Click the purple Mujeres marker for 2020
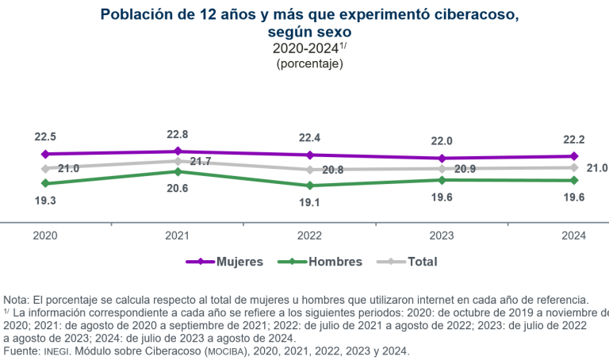coord(45,154)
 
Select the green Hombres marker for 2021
coord(177,171)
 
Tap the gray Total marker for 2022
coord(309,170)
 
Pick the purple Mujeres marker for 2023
coord(441,159)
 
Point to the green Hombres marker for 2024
coord(573,181)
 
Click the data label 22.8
coord(177,134)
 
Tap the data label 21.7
coord(201,162)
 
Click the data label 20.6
coord(177,189)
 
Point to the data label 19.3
coord(45,201)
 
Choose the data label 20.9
coord(465,170)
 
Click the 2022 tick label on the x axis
coord(309,236)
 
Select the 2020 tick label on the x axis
coord(45,236)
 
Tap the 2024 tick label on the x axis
coord(573,236)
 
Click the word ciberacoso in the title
coord(469,14)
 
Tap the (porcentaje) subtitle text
coord(309,63)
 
